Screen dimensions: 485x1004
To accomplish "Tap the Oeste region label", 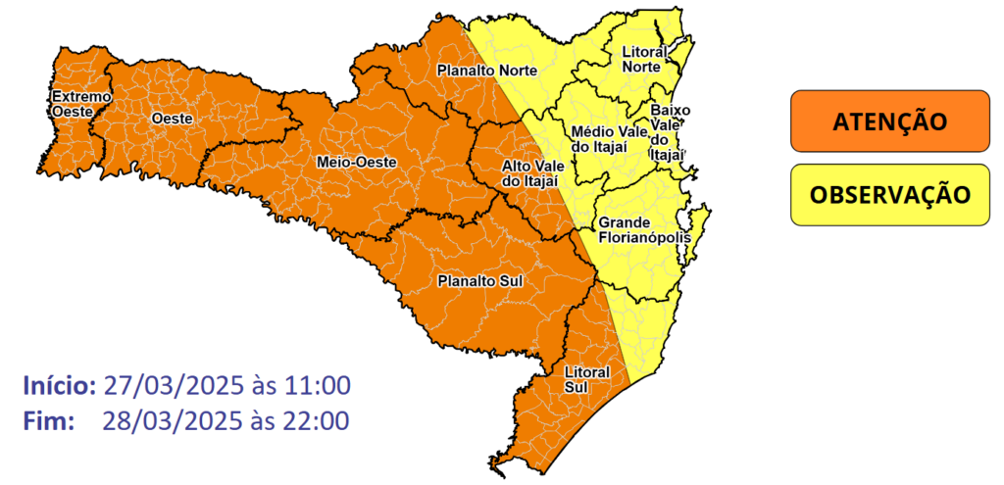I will coord(172,119).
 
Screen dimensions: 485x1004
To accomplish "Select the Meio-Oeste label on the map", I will coord(356,162).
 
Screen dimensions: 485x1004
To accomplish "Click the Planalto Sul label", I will coord(478,282).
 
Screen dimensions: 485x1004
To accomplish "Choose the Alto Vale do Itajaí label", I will coord(529,173).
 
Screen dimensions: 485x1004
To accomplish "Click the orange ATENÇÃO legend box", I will coord(889,122).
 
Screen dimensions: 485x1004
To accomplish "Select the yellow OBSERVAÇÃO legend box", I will coord(889,194).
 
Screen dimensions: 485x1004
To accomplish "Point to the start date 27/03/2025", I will coord(162,385).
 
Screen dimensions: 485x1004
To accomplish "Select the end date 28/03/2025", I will coord(162,421).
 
